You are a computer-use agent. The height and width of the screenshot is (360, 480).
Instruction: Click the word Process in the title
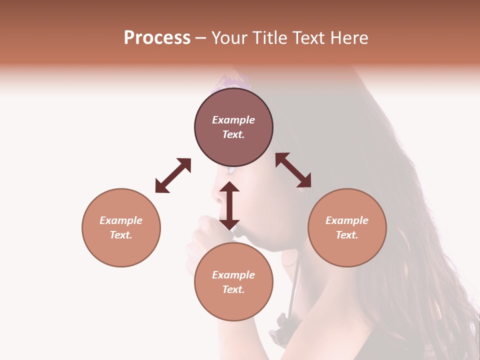point(157,38)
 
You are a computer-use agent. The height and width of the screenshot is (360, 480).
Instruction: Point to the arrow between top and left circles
point(173,175)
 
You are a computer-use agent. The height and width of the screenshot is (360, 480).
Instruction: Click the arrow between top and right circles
point(293,170)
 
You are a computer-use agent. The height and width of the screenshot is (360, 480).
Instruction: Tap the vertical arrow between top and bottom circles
point(229,205)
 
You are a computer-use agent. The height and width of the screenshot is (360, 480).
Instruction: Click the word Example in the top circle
point(233,120)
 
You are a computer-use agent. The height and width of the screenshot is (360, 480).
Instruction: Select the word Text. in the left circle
point(121,235)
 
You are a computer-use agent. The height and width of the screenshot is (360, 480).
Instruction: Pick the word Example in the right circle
point(347,220)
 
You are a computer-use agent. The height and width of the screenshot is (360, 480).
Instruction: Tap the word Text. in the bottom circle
point(233,289)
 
